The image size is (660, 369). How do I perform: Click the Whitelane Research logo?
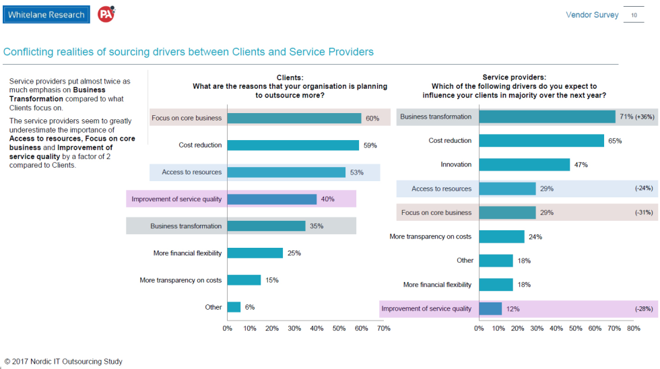pyautogui.click(x=46, y=15)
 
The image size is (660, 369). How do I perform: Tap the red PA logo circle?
pyautogui.click(x=106, y=15)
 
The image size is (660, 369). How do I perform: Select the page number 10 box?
pyautogui.click(x=634, y=15)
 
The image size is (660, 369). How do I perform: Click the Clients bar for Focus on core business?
pyautogui.click(x=294, y=118)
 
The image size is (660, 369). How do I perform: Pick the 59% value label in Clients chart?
pyautogui.click(x=370, y=145)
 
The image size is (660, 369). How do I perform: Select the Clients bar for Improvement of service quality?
pyautogui.click(x=272, y=199)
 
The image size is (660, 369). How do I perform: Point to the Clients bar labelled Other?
pyautogui.click(x=234, y=307)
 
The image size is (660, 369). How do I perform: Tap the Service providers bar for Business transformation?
pyautogui.click(x=547, y=116)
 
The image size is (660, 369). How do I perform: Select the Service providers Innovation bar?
pyautogui.click(x=524, y=165)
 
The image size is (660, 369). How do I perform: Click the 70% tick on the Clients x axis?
pyautogui.click(x=383, y=329)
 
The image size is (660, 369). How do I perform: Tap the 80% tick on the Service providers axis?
pyautogui.click(x=633, y=329)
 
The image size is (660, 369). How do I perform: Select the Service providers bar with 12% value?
pyautogui.click(x=490, y=309)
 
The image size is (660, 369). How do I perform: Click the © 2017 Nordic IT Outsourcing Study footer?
pyautogui.click(x=63, y=362)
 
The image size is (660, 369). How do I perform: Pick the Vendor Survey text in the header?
pyautogui.click(x=592, y=15)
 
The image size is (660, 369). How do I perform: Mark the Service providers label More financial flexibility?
pyautogui.click(x=438, y=285)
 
